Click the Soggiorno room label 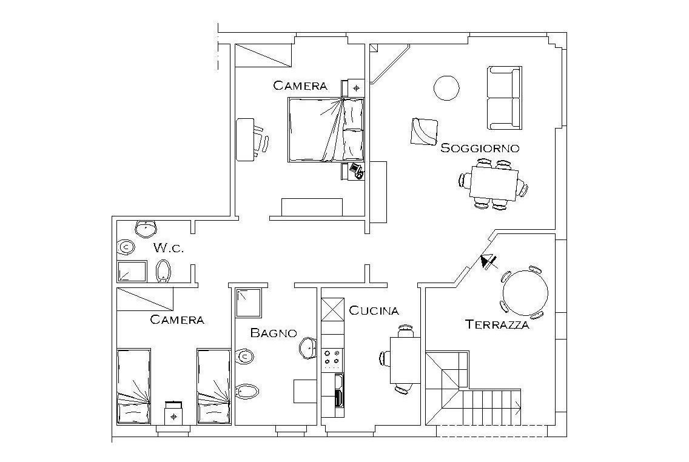pos(480,148)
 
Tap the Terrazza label pos(497,325)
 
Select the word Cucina pos(374,310)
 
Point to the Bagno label pos(274,333)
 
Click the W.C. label pos(168,248)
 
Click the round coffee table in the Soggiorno pos(446,89)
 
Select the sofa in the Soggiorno pos(505,98)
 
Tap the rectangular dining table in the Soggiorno pos(494,182)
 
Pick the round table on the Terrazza pos(525,292)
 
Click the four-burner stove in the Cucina pos(332,358)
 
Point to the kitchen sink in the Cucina pos(339,390)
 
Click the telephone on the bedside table pos(357,170)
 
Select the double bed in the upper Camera pos(326,130)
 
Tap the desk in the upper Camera pos(245,139)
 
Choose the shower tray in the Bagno pos(249,303)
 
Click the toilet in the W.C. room pos(163,270)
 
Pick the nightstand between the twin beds pos(174,413)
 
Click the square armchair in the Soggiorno pos(424,132)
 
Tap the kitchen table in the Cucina pos(405,360)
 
